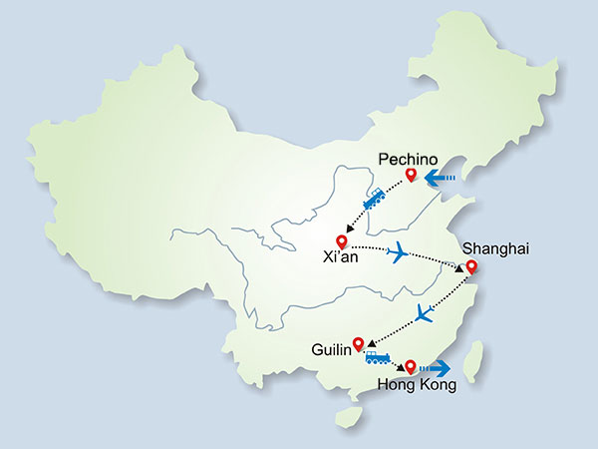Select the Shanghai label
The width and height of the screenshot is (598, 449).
pyautogui.click(x=485, y=246)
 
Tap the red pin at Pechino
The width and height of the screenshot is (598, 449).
pyautogui.click(x=410, y=177)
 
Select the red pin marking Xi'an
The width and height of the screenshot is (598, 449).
pyautogui.click(x=343, y=241)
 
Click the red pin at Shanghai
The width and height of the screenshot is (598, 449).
pyautogui.click(x=471, y=266)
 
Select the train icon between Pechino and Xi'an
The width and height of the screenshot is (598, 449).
pyautogui.click(x=375, y=201)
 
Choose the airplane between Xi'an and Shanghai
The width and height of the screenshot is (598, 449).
pyautogui.click(x=400, y=253)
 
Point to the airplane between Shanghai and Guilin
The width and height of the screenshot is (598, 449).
pyautogui.click(x=424, y=313)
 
